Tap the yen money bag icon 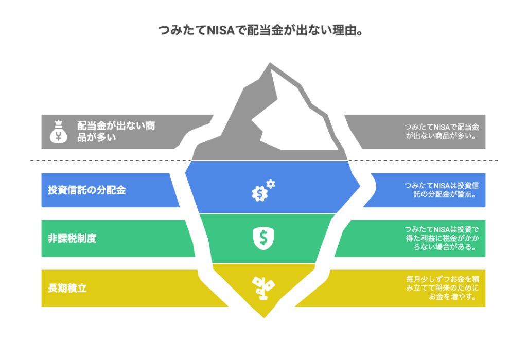point(59,131)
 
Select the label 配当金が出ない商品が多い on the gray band point(115,131)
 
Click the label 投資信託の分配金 point(87,190)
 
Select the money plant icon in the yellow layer point(262,287)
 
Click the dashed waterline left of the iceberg point(103,161)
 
